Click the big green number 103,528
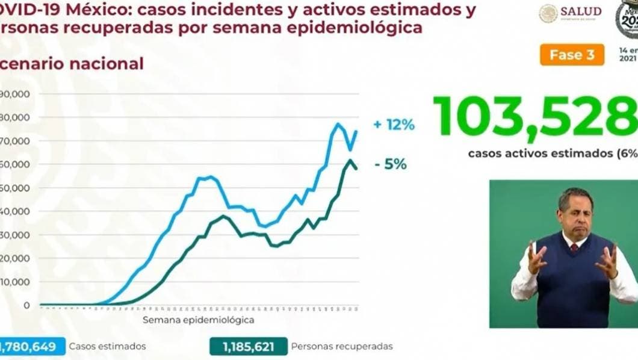click(x=534, y=116)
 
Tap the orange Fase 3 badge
click(x=572, y=55)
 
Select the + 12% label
click(x=394, y=125)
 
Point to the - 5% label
click(x=391, y=164)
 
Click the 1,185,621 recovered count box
click(x=248, y=346)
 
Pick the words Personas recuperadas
click(x=342, y=346)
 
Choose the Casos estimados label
click(x=107, y=346)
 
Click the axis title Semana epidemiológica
click(x=198, y=320)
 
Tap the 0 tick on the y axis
click(x=26, y=305)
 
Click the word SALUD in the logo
click(x=581, y=11)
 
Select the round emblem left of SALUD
click(x=548, y=13)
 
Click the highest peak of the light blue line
click(x=338, y=124)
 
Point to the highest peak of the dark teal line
click(x=350, y=160)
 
